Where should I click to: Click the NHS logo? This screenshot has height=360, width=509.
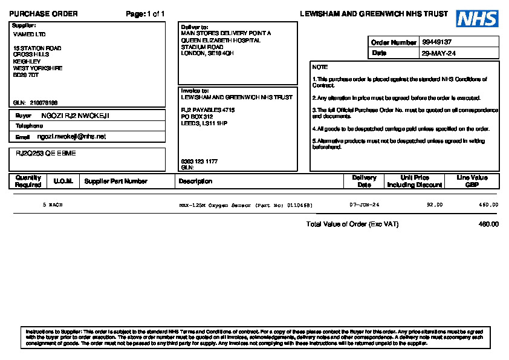477,18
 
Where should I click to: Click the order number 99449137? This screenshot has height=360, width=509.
437,42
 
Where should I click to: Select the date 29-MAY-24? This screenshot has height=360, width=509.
438,53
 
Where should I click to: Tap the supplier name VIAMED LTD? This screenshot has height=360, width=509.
29,34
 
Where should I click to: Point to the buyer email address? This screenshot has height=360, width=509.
71,137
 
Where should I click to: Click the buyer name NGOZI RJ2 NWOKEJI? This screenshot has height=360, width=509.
75,116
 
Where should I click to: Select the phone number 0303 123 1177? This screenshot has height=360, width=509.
199,162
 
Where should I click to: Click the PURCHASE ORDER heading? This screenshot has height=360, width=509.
44,14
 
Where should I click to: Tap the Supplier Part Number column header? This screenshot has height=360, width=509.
116,181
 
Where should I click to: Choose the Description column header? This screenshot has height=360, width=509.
195,181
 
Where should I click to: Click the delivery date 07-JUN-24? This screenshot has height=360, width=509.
365,205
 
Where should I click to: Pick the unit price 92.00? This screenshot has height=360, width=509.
435,205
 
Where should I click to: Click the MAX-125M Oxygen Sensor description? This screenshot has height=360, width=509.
246,205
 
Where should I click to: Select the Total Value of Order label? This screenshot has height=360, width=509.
352,224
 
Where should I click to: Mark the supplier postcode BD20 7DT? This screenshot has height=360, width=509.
26,75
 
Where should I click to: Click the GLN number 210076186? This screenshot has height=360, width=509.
44,102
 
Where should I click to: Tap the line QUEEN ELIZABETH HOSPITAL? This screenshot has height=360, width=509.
221,41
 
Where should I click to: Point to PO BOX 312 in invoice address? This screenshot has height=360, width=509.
197,116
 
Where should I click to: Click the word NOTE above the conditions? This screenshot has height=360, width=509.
320,67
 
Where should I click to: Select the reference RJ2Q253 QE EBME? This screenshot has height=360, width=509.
46,154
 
